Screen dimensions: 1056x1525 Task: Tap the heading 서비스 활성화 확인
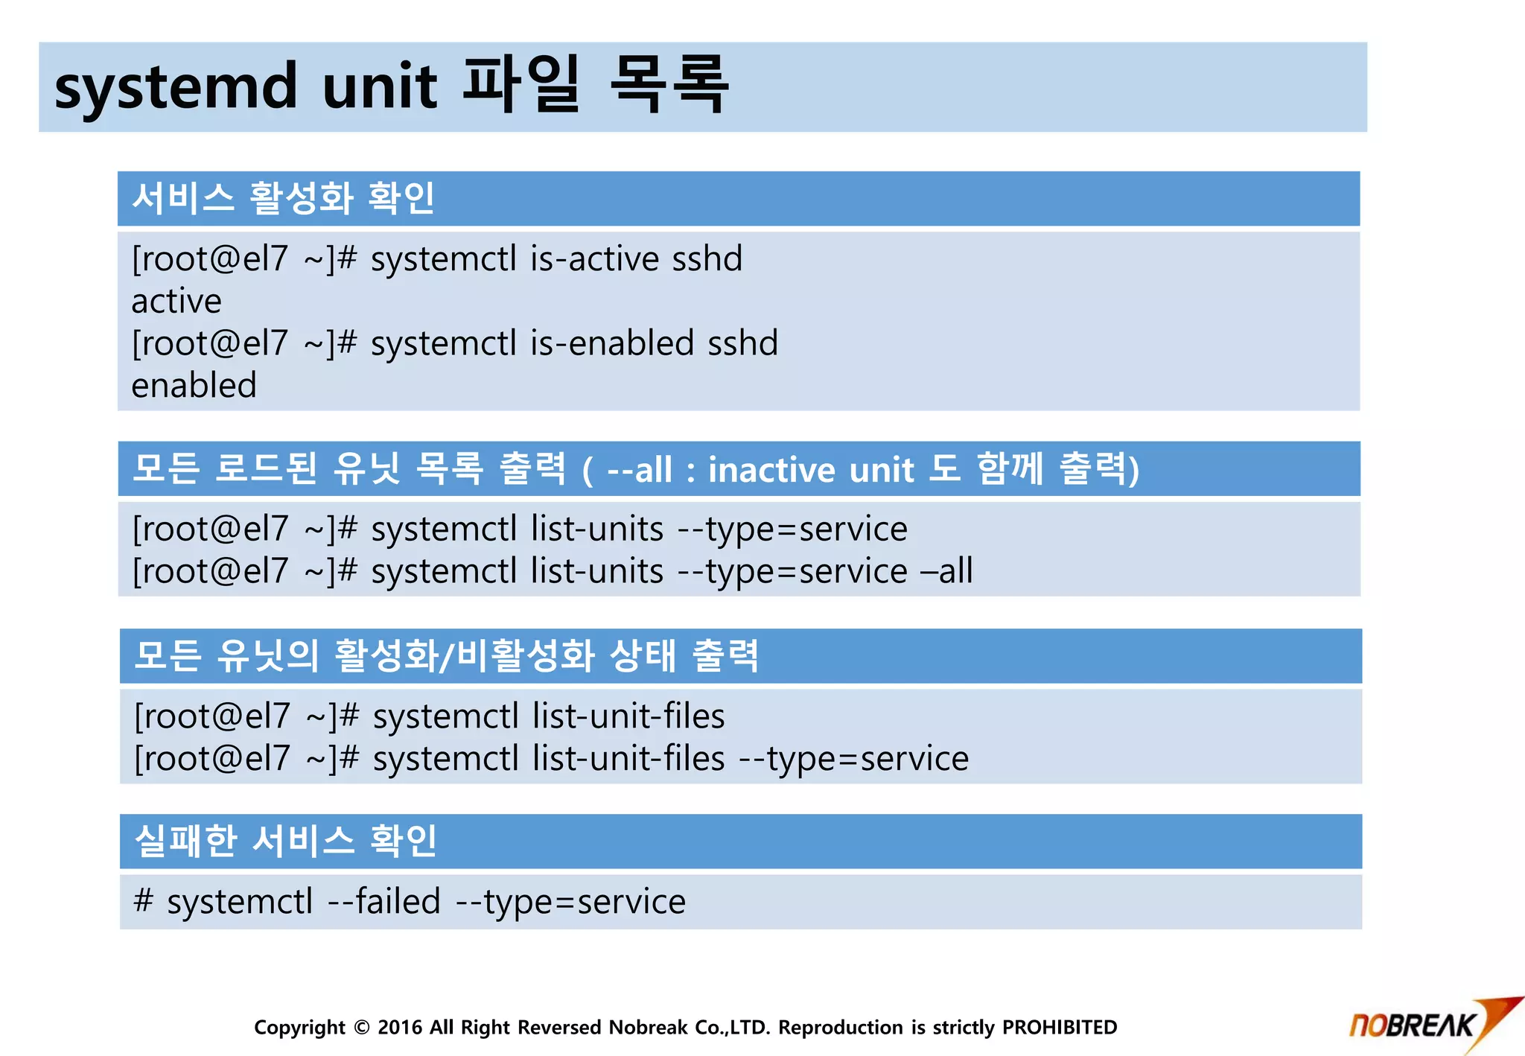283,199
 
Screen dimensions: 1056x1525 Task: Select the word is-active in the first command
594,259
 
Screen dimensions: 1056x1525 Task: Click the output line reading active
176,302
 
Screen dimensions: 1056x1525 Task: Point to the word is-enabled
612,343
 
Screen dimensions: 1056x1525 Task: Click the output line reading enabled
194,386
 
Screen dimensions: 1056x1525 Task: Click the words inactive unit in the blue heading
810,470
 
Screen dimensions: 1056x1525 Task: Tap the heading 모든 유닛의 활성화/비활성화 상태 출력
446,656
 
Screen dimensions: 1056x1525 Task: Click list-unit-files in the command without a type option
628,716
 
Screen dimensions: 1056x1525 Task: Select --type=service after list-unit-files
853,759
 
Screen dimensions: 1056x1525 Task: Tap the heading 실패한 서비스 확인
285,841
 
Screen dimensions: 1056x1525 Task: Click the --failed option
384,902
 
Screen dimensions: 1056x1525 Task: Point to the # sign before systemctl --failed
143,901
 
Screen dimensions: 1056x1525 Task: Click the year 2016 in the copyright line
400,1028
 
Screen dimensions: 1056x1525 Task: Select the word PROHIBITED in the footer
1059,1028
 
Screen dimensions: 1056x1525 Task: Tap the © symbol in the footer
362,1028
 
